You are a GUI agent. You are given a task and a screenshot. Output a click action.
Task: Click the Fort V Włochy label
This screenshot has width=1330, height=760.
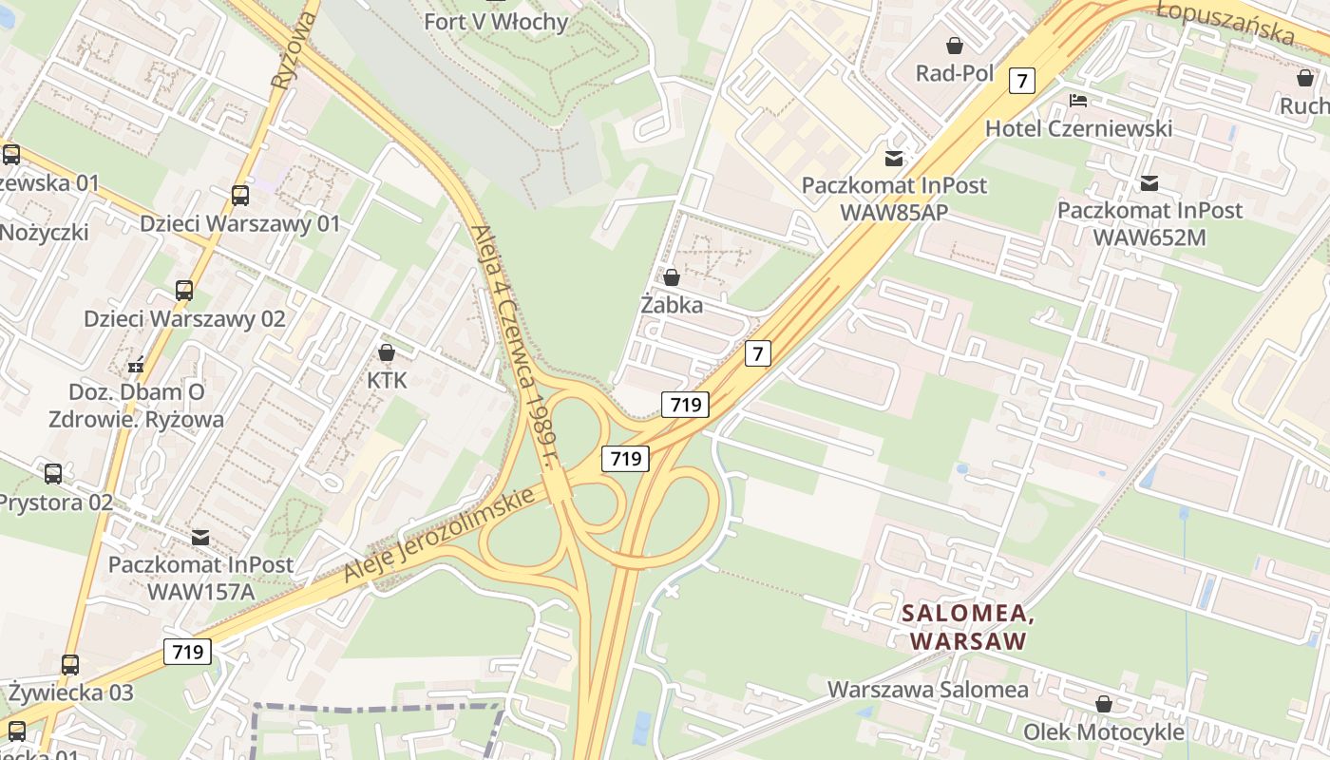[x=496, y=21]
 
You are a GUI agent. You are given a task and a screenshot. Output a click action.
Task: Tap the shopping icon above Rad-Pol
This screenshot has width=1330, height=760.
[x=955, y=46]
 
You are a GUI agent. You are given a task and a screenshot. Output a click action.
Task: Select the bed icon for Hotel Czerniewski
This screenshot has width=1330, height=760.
[x=1078, y=100]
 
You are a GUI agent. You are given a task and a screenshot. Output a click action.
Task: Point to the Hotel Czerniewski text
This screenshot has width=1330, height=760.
[x=1078, y=128]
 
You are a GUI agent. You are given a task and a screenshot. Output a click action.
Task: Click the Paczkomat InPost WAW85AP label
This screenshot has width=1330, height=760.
[x=894, y=199]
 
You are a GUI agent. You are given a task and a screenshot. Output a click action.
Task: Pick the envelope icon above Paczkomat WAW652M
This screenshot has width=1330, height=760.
[x=1149, y=182]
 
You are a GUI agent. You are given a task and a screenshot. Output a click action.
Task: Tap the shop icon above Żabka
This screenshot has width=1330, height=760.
[x=672, y=277]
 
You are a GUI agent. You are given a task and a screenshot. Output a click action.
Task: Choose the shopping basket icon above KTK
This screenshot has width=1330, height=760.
[x=387, y=352]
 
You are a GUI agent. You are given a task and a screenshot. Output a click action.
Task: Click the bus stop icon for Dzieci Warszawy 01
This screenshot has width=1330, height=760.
[x=240, y=196]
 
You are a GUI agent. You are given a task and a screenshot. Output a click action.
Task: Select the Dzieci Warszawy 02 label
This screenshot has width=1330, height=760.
[x=184, y=318]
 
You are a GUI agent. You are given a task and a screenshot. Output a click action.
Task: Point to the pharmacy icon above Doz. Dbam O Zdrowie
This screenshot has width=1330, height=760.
[x=137, y=364]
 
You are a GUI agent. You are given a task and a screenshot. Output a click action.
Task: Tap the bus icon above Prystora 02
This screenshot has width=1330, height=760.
[x=53, y=473]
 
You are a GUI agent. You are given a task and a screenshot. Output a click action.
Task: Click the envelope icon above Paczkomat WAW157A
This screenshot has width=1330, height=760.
[x=199, y=537]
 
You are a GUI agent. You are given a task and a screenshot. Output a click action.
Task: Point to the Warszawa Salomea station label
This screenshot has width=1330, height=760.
[x=927, y=689]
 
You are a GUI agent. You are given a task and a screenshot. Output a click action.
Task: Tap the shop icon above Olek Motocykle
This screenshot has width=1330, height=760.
[x=1104, y=704]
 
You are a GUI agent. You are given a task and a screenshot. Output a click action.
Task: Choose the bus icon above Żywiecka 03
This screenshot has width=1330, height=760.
[x=70, y=664]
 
